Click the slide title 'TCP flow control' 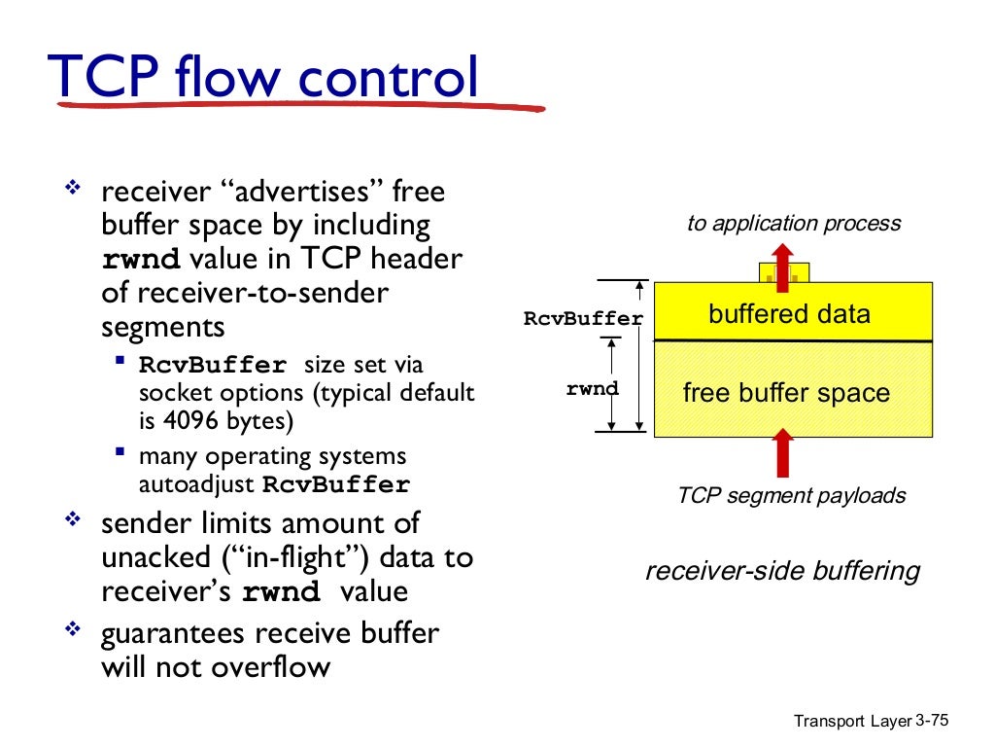click(263, 78)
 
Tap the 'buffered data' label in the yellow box click(789, 314)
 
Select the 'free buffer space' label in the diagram click(786, 393)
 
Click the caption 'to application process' click(793, 224)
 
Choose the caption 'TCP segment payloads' click(791, 495)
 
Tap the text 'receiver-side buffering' click(782, 570)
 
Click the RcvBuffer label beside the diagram click(583, 318)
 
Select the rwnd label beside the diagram click(592, 388)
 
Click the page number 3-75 click(932, 720)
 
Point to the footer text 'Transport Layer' click(852, 721)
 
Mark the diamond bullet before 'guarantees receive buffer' click(72, 630)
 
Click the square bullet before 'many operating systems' click(120, 452)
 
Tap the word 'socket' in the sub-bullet click(174, 393)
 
